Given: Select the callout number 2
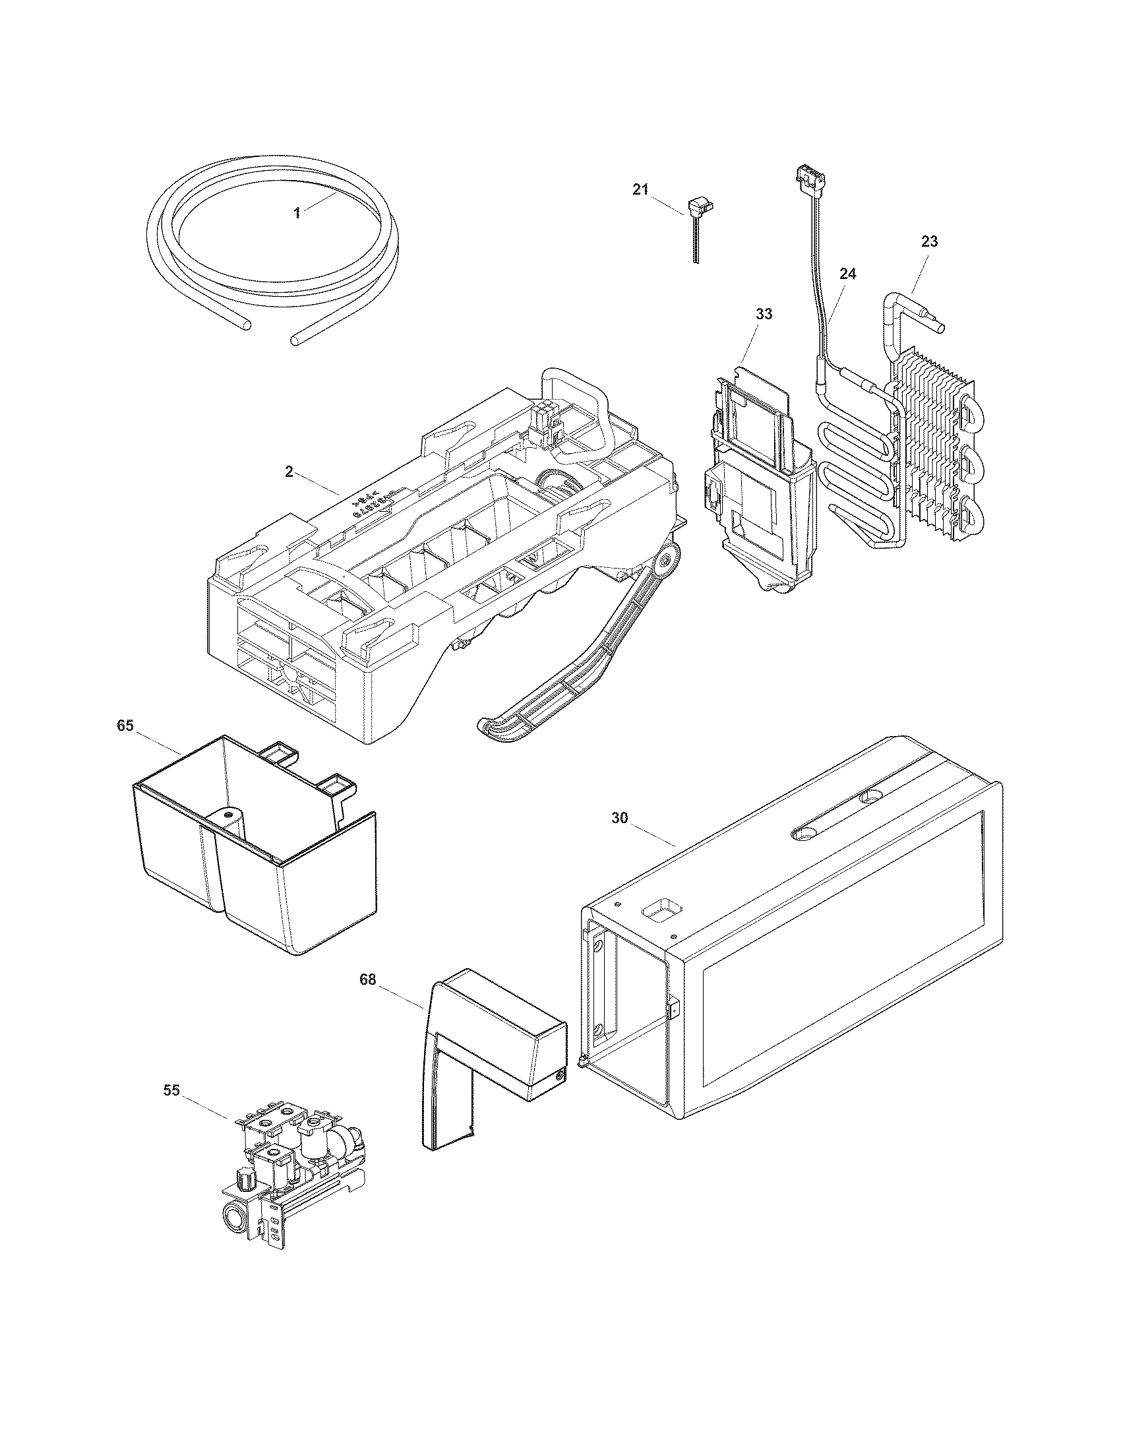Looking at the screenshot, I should point(289,472).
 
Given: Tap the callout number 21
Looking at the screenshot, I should point(640,190).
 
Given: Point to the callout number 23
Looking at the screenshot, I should point(929,242).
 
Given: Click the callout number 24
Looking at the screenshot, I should point(848,274).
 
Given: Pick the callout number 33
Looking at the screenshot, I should point(764,314).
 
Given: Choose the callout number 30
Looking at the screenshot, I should point(619,818).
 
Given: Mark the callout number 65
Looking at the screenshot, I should point(125,725).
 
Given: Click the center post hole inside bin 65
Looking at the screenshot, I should point(227,814).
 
